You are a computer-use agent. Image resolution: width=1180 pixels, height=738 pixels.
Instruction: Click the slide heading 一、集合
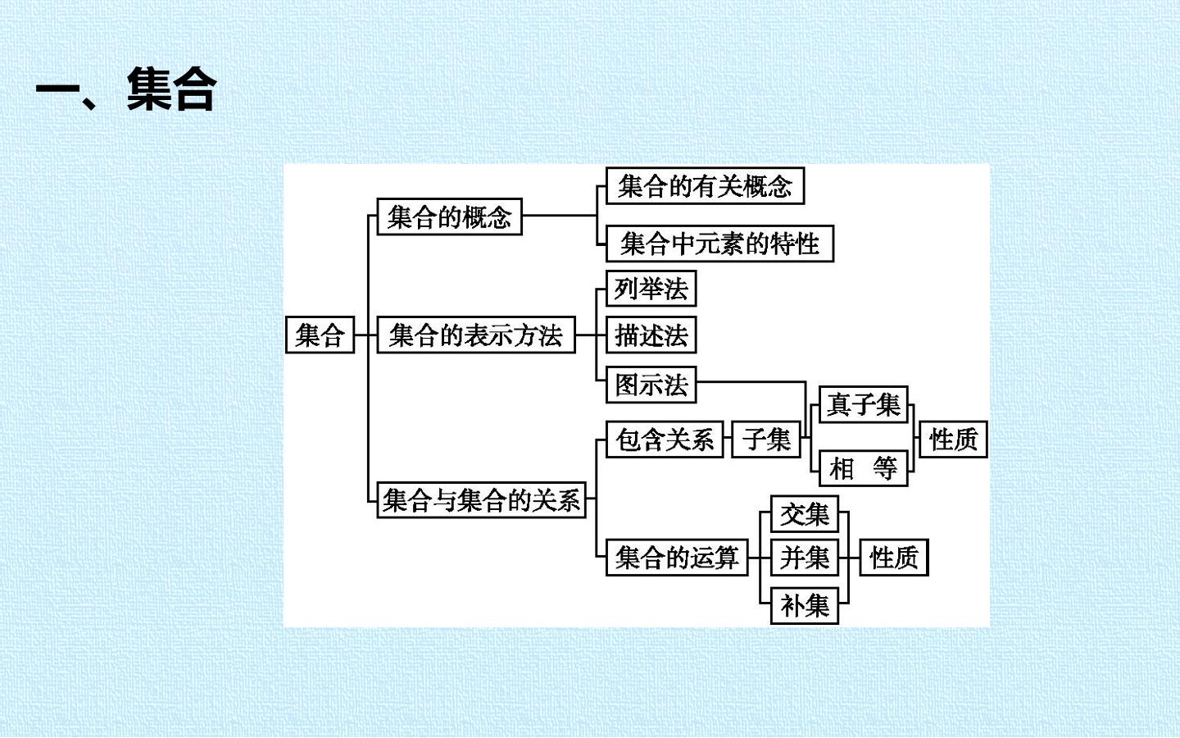pyautogui.click(x=126, y=89)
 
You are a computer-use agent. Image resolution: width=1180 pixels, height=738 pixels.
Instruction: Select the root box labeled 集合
pyautogui.click(x=320, y=335)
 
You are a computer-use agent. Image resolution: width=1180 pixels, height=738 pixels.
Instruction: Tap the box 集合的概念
pyautogui.click(x=449, y=216)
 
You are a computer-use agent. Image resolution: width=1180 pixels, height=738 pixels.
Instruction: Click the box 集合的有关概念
pyautogui.click(x=705, y=185)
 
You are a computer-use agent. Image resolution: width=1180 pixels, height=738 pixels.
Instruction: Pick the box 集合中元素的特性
pyautogui.click(x=719, y=244)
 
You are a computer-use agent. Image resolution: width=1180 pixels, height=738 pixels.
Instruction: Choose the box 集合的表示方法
pyautogui.click(x=476, y=335)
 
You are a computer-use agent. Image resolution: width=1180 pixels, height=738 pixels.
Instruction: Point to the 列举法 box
pyautogui.click(x=651, y=289)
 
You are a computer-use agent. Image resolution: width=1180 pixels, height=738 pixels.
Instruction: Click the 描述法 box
pyautogui.click(x=651, y=335)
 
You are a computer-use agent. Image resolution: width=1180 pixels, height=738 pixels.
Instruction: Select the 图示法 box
pyautogui.click(x=651, y=385)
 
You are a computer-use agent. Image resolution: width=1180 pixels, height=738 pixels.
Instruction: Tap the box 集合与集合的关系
pyautogui.click(x=482, y=499)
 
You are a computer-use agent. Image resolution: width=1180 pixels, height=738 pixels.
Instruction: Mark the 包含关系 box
pyautogui.click(x=665, y=440)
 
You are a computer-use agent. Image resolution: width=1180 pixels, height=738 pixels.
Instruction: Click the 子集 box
pyautogui.click(x=766, y=440)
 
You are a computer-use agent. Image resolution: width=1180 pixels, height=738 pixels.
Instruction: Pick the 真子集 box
pyautogui.click(x=864, y=404)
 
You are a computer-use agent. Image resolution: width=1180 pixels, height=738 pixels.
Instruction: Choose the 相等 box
pyautogui.click(x=864, y=468)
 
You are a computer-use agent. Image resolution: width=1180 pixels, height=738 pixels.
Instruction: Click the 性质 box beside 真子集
pyautogui.click(x=954, y=440)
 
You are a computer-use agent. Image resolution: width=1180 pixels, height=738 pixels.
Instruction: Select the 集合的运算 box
pyautogui.click(x=677, y=558)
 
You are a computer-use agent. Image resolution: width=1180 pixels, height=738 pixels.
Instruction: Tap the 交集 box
pyautogui.click(x=805, y=514)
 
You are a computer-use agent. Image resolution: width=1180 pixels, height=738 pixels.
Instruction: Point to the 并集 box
pyautogui.click(x=805, y=558)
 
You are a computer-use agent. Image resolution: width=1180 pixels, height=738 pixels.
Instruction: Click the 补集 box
pyautogui.click(x=805, y=606)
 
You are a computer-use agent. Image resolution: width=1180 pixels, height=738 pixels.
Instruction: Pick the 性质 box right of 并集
pyautogui.click(x=894, y=558)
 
